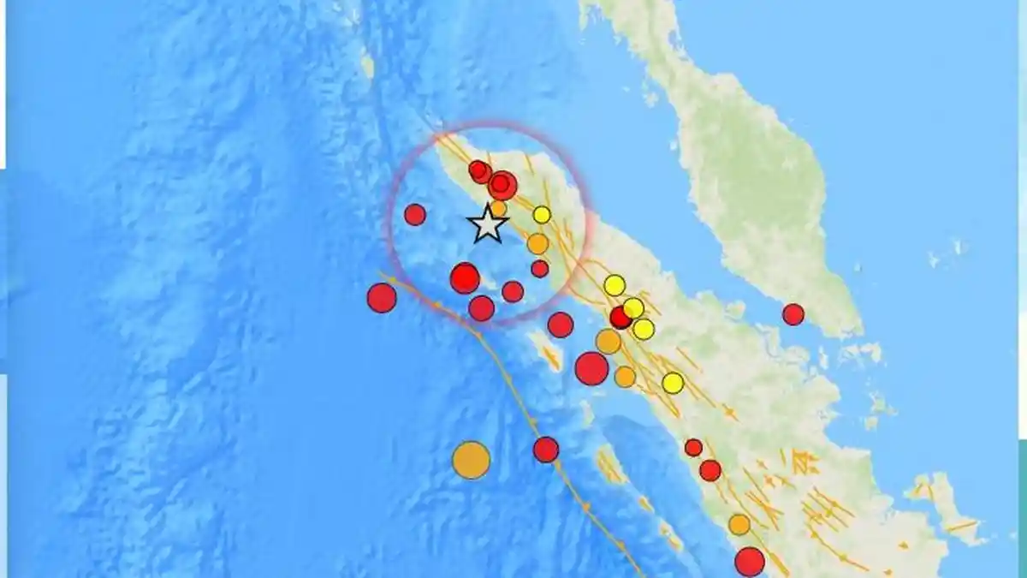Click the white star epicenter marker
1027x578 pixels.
(488, 224)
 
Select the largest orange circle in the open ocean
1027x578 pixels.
(471, 460)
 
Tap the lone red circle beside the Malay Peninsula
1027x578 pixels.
(793, 314)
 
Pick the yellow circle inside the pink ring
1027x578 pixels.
(542, 214)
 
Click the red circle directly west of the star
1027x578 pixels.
(415, 214)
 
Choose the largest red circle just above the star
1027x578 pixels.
(502, 185)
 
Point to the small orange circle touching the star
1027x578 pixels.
(498, 208)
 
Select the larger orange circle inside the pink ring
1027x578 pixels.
(537, 244)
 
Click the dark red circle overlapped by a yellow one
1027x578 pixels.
(620, 318)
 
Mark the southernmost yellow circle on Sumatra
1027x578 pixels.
(673, 383)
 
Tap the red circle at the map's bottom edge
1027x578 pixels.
(749, 562)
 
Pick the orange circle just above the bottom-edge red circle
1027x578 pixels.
(739, 524)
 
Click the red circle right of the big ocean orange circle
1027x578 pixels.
(546, 450)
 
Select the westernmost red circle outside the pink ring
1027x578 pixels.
(382, 297)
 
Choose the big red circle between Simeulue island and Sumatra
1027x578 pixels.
(591, 368)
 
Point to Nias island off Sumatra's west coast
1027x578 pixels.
(610, 466)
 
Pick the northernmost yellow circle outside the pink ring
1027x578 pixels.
(614, 285)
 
